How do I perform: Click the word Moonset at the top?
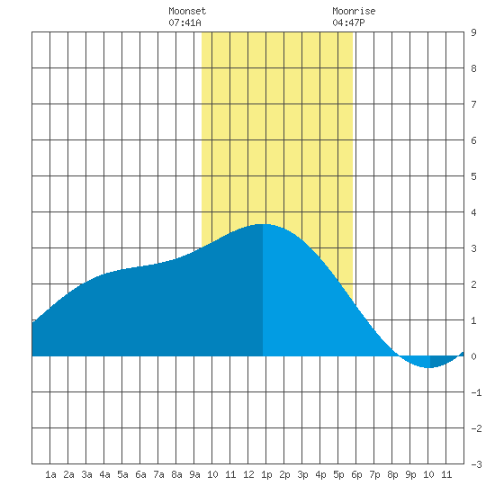[187, 11]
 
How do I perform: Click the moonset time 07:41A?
[185, 22]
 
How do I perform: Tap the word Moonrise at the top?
[354, 11]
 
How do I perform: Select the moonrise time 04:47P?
[349, 22]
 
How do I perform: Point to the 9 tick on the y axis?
[473, 32]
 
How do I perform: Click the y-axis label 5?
[473, 176]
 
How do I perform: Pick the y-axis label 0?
[473, 356]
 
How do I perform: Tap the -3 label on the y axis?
[476, 464]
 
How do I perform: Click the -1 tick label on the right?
[476, 392]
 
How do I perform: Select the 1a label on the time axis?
[50, 474]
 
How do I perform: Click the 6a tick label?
[140, 474]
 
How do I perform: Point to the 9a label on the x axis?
[194, 474]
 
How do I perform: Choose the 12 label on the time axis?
[248, 474]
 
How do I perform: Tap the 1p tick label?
[266, 474]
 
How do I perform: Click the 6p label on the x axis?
[356, 474]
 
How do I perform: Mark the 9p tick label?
[410, 474]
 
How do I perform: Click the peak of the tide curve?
[262, 224]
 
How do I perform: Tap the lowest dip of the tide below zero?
[428, 368]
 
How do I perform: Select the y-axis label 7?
[473, 104]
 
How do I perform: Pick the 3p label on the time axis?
[302, 474]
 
